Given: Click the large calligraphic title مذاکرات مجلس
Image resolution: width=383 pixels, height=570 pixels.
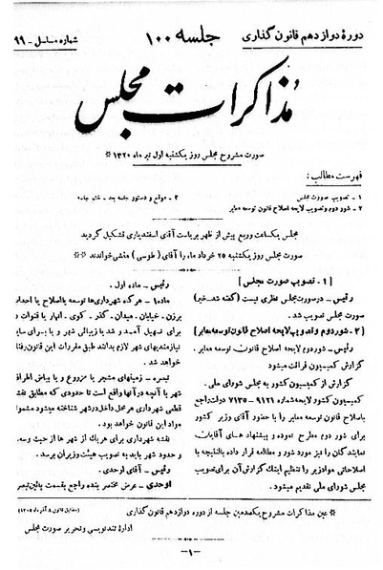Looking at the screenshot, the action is point(196,96).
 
